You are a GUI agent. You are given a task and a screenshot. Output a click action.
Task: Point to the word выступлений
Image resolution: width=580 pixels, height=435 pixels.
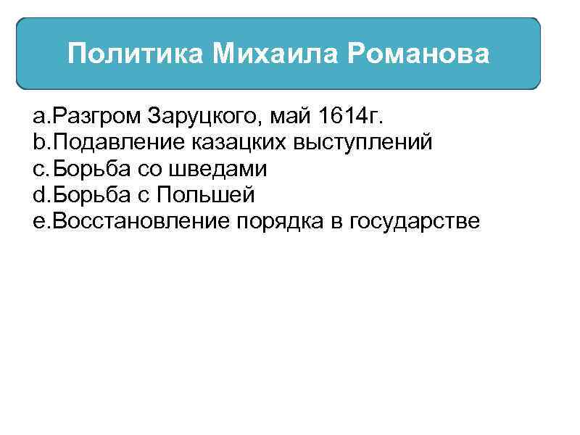[362, 143]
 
